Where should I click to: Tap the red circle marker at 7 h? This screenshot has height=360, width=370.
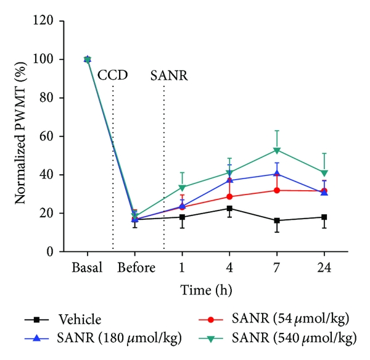coord(277,190)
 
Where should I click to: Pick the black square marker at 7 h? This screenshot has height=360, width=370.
coord(277,220)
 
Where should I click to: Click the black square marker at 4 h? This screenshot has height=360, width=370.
coord(229,208)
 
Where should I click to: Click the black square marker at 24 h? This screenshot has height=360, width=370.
coord(324,217)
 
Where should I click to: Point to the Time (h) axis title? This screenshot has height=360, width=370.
coord(205,289)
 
